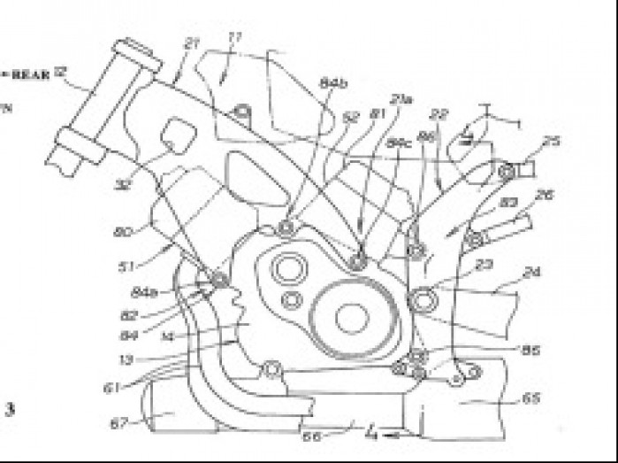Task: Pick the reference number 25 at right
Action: pos(552,141)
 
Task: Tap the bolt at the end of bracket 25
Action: pos(506,171)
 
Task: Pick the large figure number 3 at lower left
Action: pos(11,408)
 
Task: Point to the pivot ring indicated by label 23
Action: pos(424,300)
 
